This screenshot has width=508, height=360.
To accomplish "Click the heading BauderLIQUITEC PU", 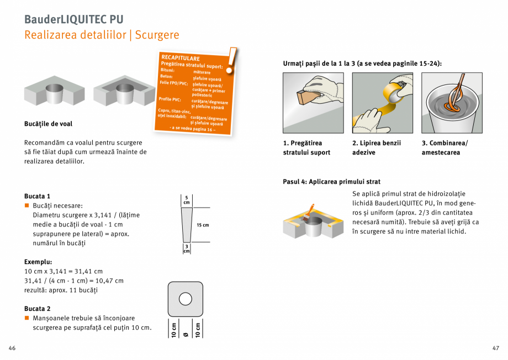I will [73, 19].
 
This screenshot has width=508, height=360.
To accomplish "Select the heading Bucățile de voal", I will [48, 124].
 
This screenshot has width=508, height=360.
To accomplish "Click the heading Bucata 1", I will [37, 196].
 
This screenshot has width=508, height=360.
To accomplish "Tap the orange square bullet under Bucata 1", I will [27, 205].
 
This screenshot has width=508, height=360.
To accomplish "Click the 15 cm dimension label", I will [203, 225].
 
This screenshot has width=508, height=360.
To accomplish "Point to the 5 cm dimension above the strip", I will [186, 200].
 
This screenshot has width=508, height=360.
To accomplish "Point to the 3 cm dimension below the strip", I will [187, 248].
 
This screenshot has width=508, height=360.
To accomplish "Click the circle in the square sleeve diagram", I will [186, 299].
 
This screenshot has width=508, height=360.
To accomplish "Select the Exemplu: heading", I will [38, 262].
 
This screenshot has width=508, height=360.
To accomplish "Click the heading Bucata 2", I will [37, 309].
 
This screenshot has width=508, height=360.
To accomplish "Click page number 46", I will [12, 348].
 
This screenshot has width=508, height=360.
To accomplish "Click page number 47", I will [495, 348].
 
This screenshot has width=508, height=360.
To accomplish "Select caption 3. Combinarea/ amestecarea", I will [444, 147].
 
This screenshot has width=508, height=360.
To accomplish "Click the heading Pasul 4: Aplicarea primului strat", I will [331, 182].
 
